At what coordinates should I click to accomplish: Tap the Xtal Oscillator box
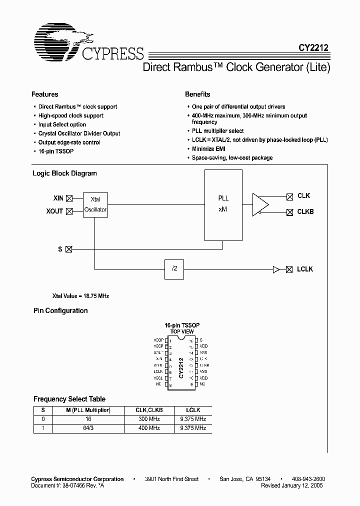(95, 204)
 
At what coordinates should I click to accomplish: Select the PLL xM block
(223, 204)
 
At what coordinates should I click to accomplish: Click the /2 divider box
(174, 269)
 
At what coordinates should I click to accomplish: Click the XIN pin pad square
(69, 198)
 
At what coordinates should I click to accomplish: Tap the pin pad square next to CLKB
(289, 211)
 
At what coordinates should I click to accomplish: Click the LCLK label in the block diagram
(305, 269)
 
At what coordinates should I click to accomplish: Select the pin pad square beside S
(69, 248)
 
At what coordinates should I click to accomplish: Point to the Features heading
(45, 94)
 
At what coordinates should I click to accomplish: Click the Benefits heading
(197, 94)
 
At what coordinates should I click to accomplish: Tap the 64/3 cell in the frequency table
(88, 428)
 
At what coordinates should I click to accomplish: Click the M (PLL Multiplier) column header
(88, 410)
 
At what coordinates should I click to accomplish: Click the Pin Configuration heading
(60, 311)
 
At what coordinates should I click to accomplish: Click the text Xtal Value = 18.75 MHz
(81, 296)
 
